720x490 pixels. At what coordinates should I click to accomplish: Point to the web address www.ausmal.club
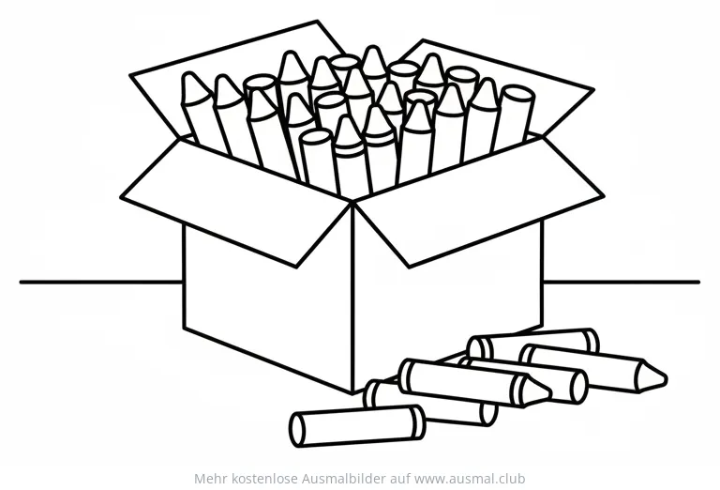470,479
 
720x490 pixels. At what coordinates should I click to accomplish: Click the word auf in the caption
400,479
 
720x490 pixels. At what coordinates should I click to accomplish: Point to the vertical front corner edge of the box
352,298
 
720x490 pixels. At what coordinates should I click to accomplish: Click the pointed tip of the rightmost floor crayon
665,379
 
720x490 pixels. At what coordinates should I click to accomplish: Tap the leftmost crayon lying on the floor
357,425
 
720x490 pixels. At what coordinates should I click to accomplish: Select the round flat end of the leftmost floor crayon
296,430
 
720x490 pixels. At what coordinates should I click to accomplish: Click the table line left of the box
101,283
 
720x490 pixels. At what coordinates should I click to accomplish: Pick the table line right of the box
622,282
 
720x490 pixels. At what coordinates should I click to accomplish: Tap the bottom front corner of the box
352,393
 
